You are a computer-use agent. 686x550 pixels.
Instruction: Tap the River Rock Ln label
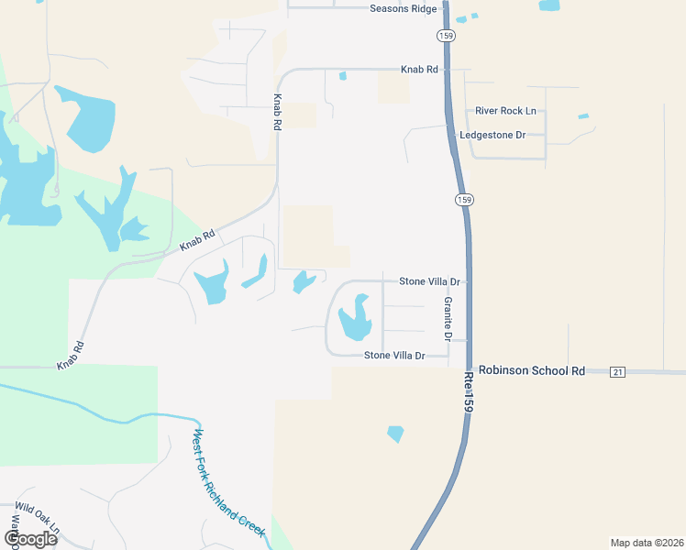pyautogui.click(x=505, y=111)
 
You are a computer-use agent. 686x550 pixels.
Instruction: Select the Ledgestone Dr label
pyautogui.click(x=493, y=135)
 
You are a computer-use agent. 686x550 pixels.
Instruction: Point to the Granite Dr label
pyautogui.click(x=448, y=318)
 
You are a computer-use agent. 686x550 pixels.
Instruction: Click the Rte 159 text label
pyautogui.click(x=469, y=395)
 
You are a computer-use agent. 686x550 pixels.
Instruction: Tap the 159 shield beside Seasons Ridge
pyautogui.click(x=446, y=35)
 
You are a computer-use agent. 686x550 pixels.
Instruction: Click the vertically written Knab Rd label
pyautogui.click(x=275, y=112)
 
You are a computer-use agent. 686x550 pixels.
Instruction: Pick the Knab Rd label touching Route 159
pyautogui.click(x=419, y=70)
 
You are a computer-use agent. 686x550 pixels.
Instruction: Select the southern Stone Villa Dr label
pyautogui.click(x=395, y=355)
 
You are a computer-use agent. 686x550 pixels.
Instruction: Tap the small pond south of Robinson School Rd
pyautogui.click(x=395, y=433)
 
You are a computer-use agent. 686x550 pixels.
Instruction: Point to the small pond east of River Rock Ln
pyautogui.click(x=583, y=116)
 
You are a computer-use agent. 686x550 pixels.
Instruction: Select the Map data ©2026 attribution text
pyautogui.click(x=647, y=542)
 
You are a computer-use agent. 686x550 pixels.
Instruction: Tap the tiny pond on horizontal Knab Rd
pyautogui.click(x=342, y=76)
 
